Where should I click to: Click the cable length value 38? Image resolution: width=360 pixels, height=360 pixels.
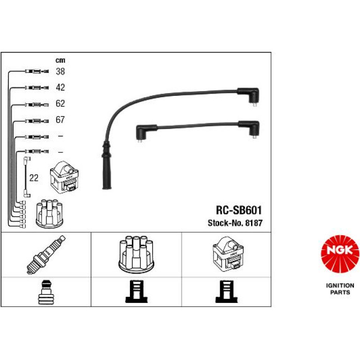60,72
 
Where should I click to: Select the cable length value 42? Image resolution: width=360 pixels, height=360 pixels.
60,87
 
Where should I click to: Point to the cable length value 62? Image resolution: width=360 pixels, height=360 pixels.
60,103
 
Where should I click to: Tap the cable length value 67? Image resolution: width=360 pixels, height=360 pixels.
60,120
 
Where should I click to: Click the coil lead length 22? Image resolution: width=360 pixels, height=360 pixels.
34,178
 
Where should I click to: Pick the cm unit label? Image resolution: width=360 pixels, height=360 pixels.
60,60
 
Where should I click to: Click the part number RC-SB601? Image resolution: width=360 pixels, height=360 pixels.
239,210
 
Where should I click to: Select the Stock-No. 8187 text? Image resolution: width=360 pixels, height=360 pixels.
235,223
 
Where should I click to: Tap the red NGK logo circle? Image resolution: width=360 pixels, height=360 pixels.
340,254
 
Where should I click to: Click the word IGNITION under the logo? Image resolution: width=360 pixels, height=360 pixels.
340,286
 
